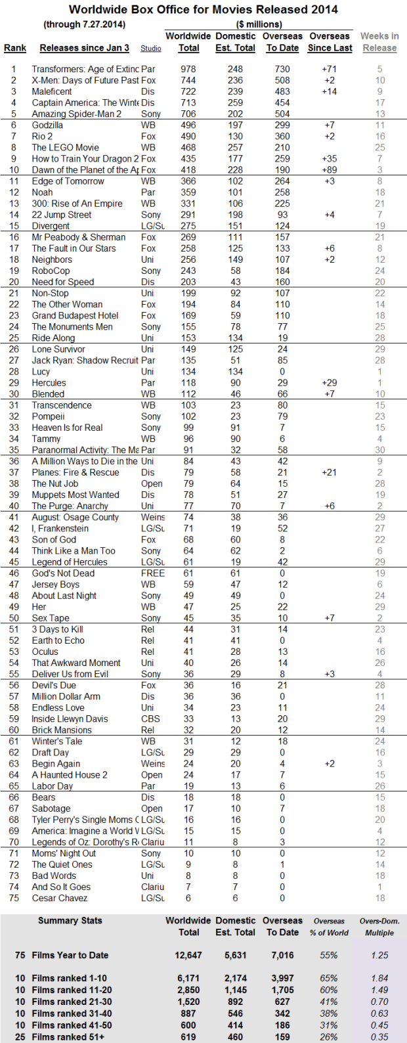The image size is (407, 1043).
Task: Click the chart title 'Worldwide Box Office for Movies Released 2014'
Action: [203, 9]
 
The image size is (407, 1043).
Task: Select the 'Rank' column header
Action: [15, 48]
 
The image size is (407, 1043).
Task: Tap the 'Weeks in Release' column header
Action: [379, 42]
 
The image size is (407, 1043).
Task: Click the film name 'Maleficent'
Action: [52, 91]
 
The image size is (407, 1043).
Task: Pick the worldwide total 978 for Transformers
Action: [188, 69]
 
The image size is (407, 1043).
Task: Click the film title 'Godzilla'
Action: [47, 125]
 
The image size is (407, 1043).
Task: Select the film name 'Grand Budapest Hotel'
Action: [75, 315]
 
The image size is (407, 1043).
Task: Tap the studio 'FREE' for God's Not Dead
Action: [152, 573]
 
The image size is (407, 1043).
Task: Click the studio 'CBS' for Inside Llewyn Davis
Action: [150, 719]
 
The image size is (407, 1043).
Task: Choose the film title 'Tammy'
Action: [46, 439]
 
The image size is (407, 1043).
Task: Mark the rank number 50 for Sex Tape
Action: [14, 618]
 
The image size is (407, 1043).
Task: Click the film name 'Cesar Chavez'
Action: [60, 898]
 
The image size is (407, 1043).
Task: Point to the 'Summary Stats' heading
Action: [70, 920]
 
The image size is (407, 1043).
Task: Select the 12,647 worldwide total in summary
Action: [188, 955]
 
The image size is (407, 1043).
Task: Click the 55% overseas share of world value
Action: [328, 955]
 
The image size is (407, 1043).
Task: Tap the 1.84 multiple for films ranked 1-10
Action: [379, 978]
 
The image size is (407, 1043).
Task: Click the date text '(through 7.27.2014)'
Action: [84, 24]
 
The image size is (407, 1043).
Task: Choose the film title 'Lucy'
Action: [42, 372]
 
